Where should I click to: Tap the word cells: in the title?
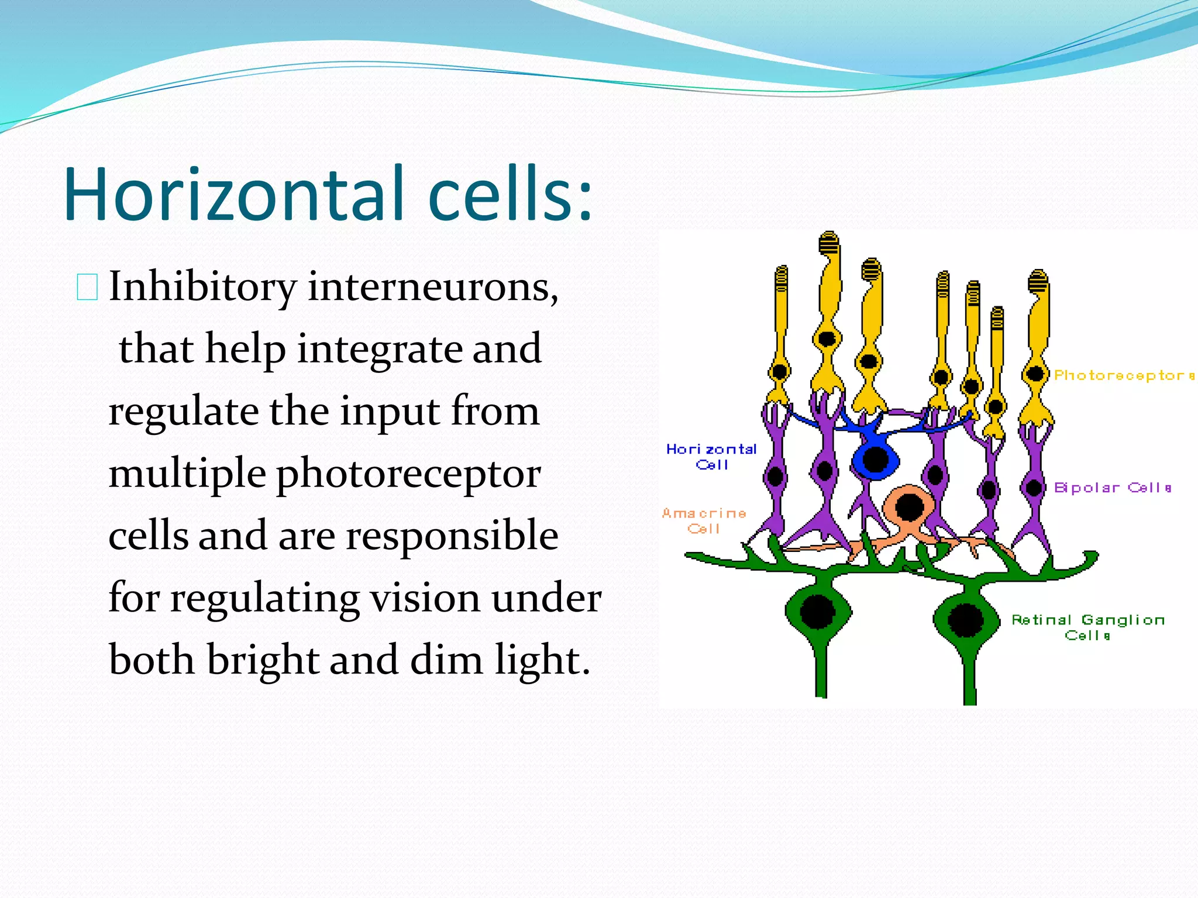(x=510, y=194)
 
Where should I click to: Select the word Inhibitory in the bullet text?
(x=202, y=287)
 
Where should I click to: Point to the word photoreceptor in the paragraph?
(x=408, y=474)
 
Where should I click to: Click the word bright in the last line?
(x=263, y=659)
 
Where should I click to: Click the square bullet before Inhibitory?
(x=87, y=287)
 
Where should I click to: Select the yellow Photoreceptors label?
(x=1124, y=375)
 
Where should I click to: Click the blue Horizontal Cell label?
(x=711, y=457)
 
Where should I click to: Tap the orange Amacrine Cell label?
(x=704, y=520)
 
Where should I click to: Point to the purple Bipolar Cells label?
(x=1112, y=488)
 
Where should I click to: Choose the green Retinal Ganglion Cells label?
(x=1088, y=627)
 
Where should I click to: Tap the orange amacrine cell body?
(x=909, y=507)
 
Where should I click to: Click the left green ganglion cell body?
(x=817, y=612)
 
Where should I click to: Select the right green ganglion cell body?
(x=966, y=620)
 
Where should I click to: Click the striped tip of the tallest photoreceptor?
(x=829, y=243)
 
